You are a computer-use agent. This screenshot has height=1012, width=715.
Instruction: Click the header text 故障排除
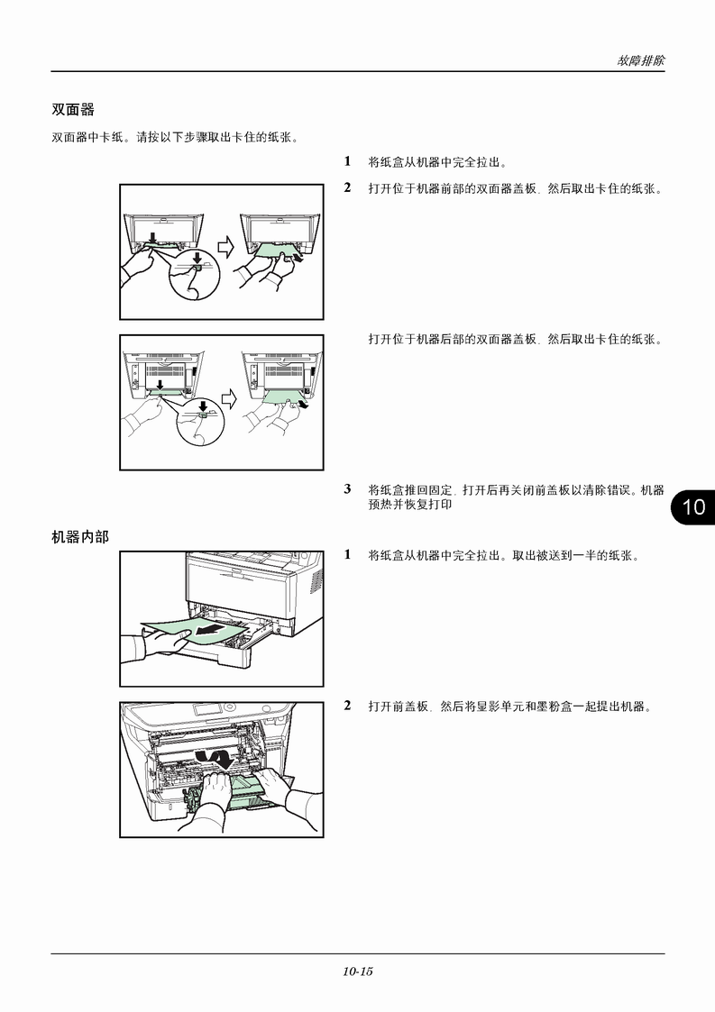coord(640,60)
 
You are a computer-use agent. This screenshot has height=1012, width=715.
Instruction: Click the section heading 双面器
coord(73,110)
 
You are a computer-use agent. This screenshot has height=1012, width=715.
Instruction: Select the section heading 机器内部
coord(80,536)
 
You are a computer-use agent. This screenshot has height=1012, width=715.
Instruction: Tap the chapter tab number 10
coord(693,506)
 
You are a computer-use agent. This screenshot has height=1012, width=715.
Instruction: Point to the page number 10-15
coord(358,971)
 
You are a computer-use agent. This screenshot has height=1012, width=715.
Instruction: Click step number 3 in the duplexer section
coord(347,489)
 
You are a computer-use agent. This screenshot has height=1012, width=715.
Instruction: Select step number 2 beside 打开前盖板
coord(347,706)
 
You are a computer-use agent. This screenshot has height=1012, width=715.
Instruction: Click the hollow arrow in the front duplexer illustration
coord(225,247)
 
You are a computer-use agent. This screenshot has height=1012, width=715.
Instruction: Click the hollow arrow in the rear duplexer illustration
coord(229,399)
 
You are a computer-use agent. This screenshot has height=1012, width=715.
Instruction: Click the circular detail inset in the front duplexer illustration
coord(195,274)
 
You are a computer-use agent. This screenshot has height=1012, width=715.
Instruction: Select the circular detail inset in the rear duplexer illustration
coord(202,420)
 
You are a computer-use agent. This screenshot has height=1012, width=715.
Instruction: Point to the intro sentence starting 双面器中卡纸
coord(175,138)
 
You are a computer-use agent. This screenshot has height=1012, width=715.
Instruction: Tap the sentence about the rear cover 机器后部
coord(516,339)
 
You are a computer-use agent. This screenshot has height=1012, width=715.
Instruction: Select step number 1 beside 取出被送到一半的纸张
coord(347,553)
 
